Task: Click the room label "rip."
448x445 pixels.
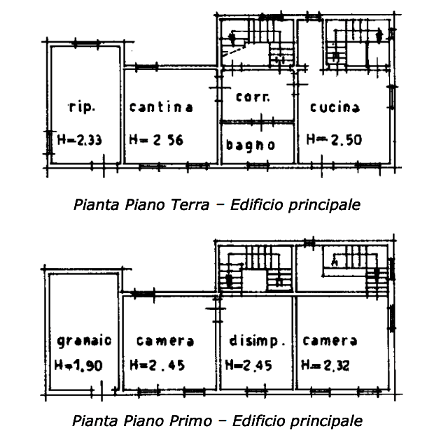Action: pyautogui.click(x=82, y=107)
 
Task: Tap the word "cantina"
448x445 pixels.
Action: pyautogui.click(x=162, y=107)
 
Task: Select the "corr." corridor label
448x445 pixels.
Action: pyautogui.click(x=253, y=97)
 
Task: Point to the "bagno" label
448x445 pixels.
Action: pyautogui.click(x=251, y=145)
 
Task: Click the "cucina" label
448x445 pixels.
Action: pyautogui.click(x=335, y=107)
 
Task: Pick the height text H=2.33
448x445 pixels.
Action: pyautogui.click(x=79, y=140)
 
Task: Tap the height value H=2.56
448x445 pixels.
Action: pyautogui.click(x=156, y=140)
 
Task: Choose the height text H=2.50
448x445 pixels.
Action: pyautogui.click(x=334, y=140)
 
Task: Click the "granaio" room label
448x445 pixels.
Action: pyautogui.click(x=84, y=341)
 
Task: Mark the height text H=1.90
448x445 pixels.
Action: pyautogui.click(x=78, y=365)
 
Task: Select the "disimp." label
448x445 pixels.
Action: pyautogui.click(x=257, y=341)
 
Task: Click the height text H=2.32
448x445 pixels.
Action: pyautogui.click(x=325, y=365)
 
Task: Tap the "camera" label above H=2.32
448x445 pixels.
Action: pyautogui.click(x=330, y=341)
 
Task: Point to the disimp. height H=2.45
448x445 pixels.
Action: pyautogui.click(x=248, y=365)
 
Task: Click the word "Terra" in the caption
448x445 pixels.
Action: pyautogui.click(x=190, y=205)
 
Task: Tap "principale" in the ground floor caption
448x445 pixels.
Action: pyautogui.click(x=324, y=206)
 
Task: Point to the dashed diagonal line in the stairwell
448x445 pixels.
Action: pyautogui.click(x=234, y=51)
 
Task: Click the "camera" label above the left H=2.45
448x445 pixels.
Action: pyautogui.click(x=165, y=341)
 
